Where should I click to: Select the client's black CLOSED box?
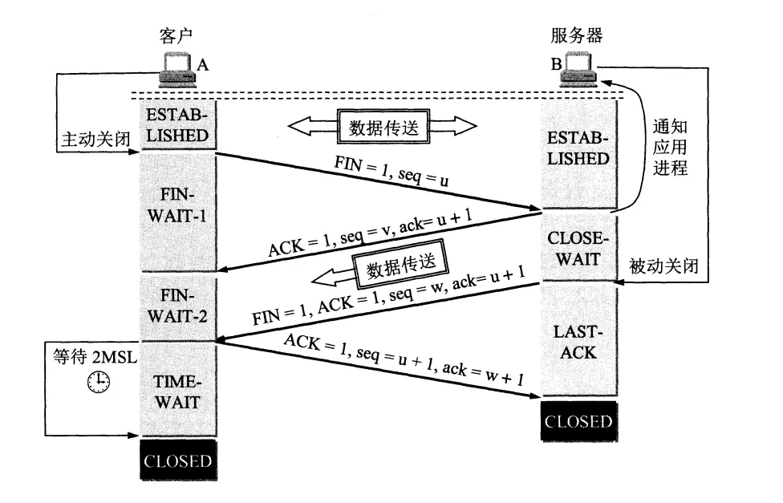(177, 460)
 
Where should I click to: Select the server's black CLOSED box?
(578, 421)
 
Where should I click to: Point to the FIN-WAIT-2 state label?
(178, 305)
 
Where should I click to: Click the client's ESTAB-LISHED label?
(178, 126)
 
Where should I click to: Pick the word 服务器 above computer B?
(577, 35)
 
